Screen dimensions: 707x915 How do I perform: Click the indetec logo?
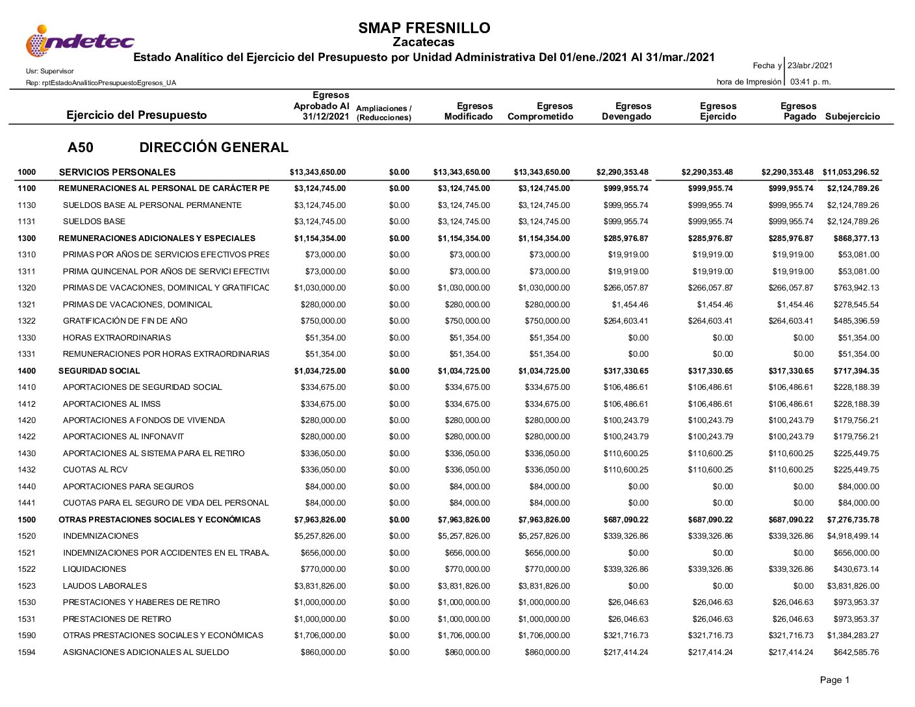tap(79, 41)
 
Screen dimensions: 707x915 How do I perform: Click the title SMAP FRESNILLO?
tap(424, 28)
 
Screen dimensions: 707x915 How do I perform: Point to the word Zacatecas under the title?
tap(424, 42)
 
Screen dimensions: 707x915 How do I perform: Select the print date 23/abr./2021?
tap(810, 66)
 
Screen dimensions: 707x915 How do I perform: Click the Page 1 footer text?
tap(834, 680)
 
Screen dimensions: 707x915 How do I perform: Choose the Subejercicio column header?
tap(852, 117)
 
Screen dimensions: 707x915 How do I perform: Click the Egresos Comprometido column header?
tap(540, 112)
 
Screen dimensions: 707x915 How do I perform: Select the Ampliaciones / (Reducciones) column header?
tap(384, 113)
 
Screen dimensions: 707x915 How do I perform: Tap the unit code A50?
tap(80, 148)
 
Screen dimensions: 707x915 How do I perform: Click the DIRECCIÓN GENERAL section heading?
tap(214, 148)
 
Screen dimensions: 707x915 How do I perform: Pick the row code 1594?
tap(27, 652)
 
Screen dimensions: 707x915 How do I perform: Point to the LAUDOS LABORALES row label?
tap(105, 586)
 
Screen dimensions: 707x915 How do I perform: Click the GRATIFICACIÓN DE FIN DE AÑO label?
tap(125, 321)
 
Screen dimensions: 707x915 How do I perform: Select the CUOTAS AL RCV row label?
tap(95, 470)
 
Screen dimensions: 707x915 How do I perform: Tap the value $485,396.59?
tap(856, 321)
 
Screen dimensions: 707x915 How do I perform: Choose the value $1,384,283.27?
tap(853, 636)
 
